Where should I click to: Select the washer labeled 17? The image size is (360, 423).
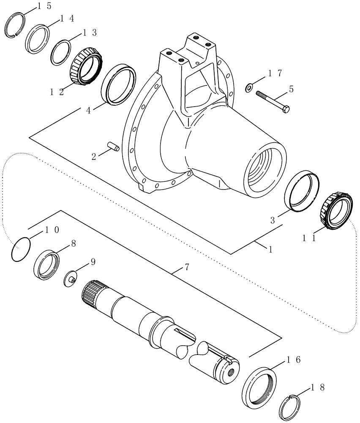249,88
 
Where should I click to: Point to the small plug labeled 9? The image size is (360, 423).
71,280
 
